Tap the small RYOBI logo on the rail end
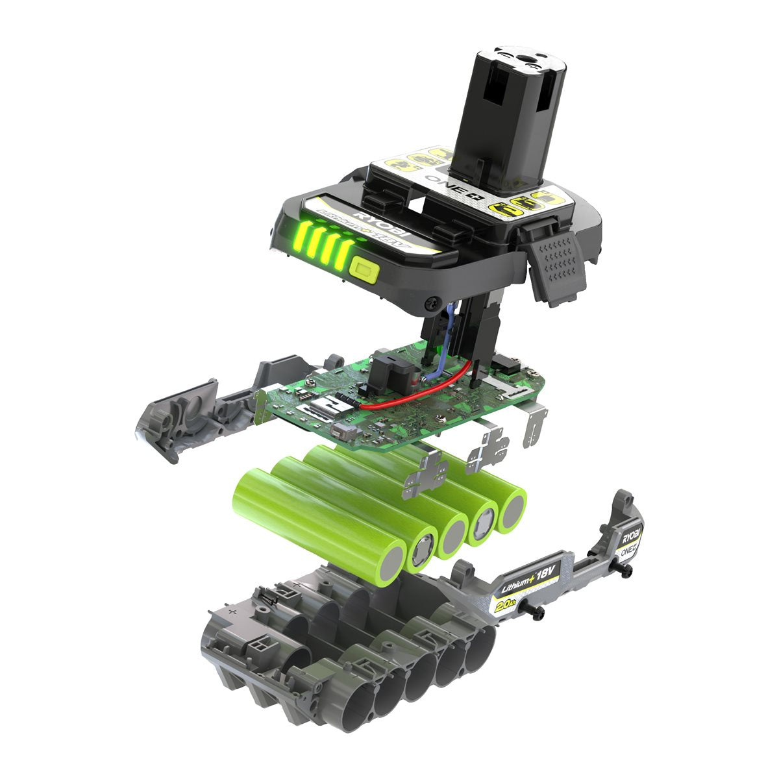(x=631, y=538)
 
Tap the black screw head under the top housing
(x=430, y=303)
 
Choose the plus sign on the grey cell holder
(x=232, y=612)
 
